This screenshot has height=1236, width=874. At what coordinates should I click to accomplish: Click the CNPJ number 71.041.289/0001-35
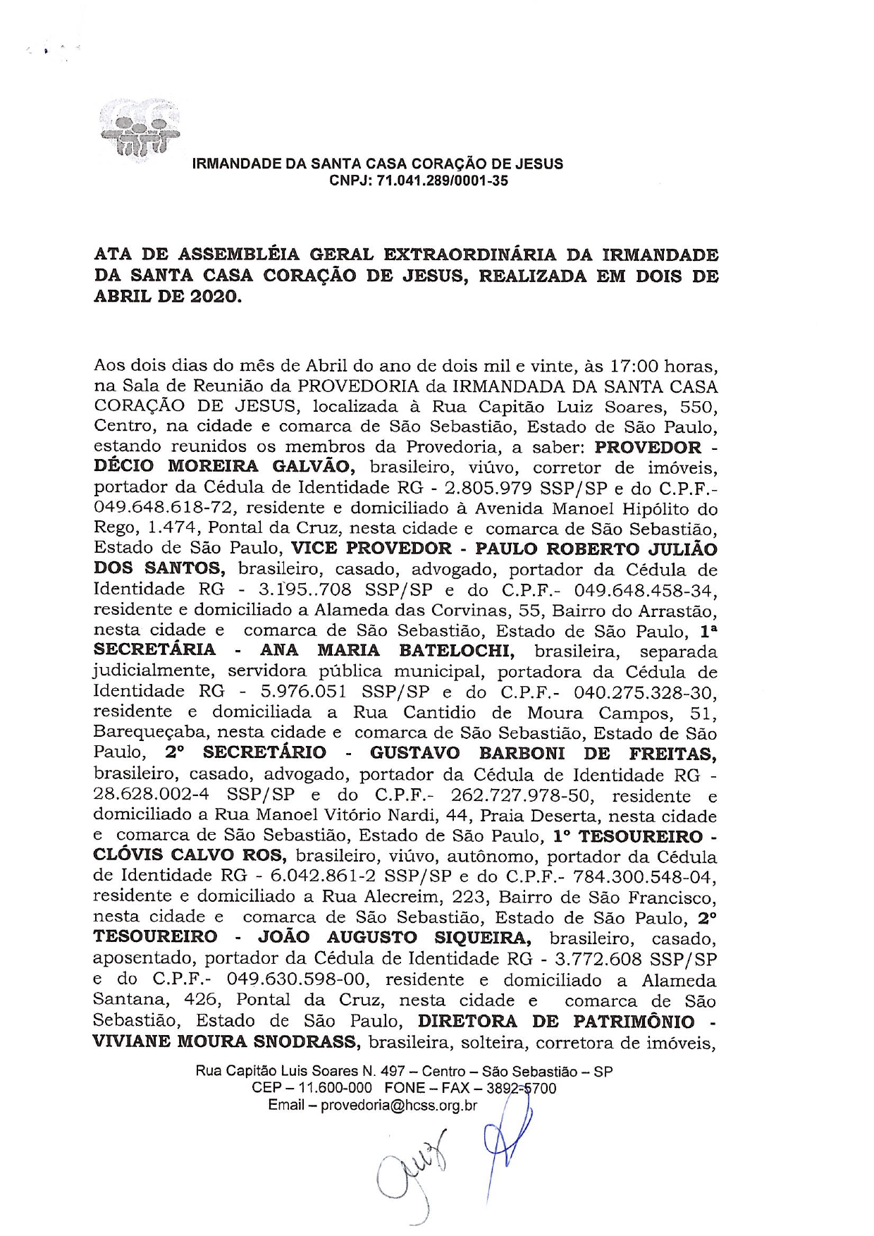pos(443,181)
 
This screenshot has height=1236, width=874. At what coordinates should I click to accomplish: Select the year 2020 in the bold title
pos(214,297)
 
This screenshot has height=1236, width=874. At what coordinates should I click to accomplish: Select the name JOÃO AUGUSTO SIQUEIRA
pos(395,938)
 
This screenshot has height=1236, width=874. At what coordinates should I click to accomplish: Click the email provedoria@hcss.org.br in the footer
pos(399,1105)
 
